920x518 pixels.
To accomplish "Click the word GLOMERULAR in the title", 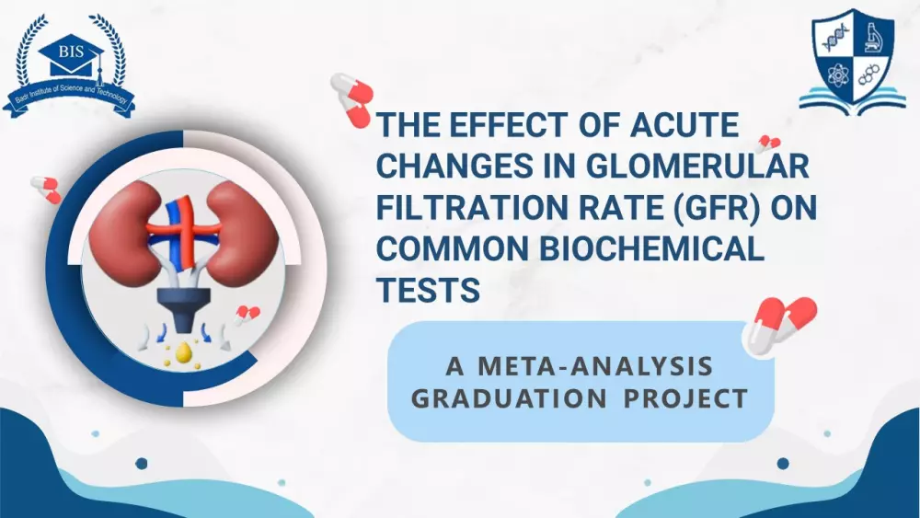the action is point(697,166).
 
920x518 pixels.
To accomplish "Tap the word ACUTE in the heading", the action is point(684,124).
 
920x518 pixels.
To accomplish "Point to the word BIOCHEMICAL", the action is point(651,248).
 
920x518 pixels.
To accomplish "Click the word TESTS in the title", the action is point(429,289).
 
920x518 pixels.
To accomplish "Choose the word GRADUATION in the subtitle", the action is point(509,398).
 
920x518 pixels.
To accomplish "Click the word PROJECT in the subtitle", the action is point(685,398).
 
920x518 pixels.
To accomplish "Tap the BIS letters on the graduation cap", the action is point(71,52).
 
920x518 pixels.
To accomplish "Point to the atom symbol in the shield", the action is point(835,75).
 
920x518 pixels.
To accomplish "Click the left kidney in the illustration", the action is point(119,232).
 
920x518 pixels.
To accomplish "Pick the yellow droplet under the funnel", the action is point(184,352).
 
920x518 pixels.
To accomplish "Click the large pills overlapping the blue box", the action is point(780,327).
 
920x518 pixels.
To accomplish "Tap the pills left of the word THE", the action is point(352,99).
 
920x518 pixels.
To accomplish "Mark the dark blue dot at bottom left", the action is point(142,464).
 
